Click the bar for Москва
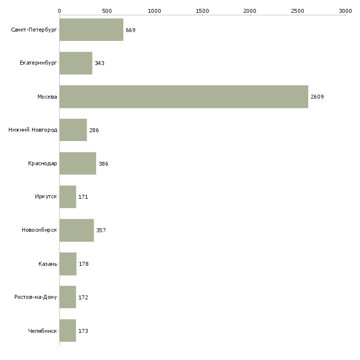click(183, 97)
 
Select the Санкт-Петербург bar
click(91, 30)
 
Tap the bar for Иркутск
click(68, 197)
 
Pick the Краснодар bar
click(78, 163)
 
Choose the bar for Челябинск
click(68, 330)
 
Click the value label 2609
click(317, 97)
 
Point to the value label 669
click(130, 30)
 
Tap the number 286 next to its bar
click(94, 130)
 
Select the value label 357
click(101, 230)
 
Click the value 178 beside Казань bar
click(83, 264)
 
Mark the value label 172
click(83, 297)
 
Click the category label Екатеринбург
click(38, 63)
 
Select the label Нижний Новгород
click(33, 130)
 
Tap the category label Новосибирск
click(39, 230)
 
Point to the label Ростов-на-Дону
click(36, 297)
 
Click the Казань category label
click(48, 264)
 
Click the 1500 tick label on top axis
click(202, 11)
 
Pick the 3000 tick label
click(345, 11)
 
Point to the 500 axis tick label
click(107, 11)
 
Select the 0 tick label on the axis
click(60, 11)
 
